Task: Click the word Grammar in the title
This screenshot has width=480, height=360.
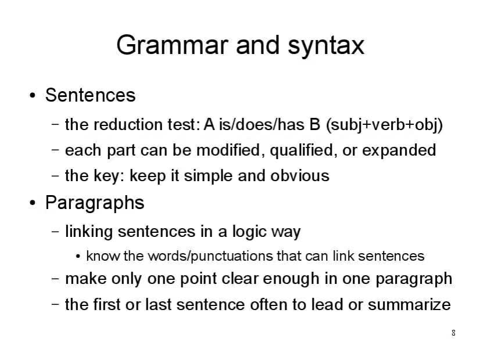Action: click(x=173, y=45)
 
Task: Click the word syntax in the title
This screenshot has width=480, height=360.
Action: click(x=326, y=46)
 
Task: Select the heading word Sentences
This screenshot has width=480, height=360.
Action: click(x=90, y=95)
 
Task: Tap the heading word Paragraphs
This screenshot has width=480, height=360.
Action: click(x=95, y=203)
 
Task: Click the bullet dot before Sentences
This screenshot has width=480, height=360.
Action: click(x=33, y=95)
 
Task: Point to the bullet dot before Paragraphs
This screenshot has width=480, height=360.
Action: click(x=33, y=203)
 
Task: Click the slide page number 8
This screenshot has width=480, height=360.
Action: click(x=453, y=333)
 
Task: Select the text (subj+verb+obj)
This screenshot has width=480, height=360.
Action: click(x=385, y=125)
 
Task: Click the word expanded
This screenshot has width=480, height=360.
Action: click(x=399, y=150)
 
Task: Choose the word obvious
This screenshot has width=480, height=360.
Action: click(x=300, y=176)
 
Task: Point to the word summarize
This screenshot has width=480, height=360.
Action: click(x=409, y=305)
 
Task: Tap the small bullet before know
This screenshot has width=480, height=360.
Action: click(x=78, y=256)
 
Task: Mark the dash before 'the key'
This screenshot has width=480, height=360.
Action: click(x=55, y=176)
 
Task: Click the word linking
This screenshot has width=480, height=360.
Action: click(x=89, y=232)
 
